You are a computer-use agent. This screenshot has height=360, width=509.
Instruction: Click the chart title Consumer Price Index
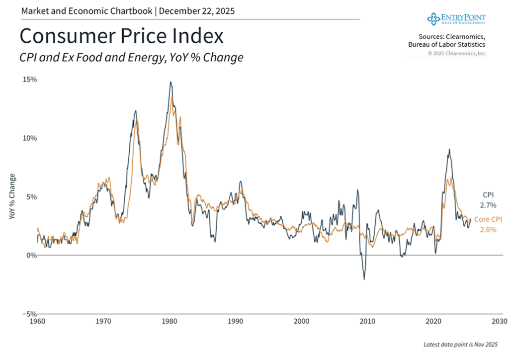121,37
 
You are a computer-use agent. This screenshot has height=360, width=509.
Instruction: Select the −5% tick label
29,314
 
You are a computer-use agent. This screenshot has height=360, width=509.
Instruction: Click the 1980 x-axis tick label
170,321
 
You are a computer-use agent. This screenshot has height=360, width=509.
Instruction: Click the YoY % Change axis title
12,197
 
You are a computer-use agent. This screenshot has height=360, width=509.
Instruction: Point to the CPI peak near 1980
170,82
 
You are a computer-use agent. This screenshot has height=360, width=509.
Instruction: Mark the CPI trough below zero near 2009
364,279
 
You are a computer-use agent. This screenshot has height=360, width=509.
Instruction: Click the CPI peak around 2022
449,149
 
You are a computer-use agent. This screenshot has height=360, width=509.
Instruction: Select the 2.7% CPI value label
488,205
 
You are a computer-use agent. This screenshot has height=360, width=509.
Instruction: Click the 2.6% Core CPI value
488,229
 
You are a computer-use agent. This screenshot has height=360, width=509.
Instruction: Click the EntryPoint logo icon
433,18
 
